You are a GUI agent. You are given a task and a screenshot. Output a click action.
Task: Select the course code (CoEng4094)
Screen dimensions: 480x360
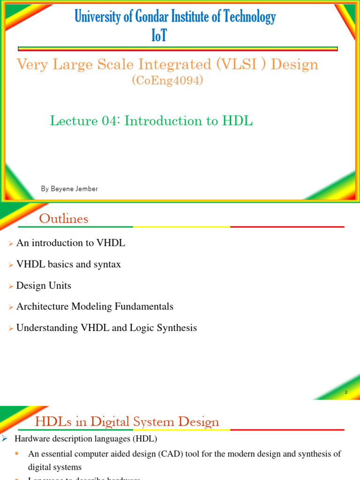(168, 81)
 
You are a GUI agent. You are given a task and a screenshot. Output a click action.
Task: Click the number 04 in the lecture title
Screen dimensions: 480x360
(111, 120)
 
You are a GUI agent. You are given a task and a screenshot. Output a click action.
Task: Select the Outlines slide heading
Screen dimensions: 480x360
(63, 219)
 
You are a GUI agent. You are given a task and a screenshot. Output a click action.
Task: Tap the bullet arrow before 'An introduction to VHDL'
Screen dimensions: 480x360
(11, 244)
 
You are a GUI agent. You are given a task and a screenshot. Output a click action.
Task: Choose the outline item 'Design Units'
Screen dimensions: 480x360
(44, 285)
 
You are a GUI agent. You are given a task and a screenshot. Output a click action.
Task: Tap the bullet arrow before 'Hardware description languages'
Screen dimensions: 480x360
(5, 439)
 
